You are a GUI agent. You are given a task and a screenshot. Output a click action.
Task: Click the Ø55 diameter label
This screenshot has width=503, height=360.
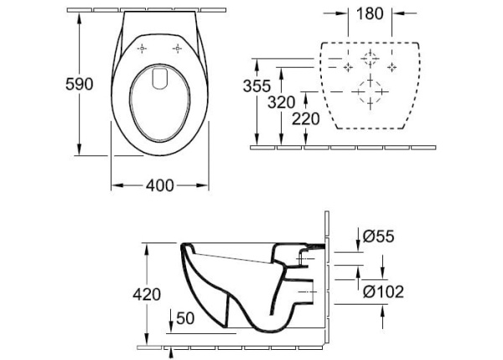pos(378,237)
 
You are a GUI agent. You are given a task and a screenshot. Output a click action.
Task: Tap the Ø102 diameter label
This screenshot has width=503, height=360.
pos(385,292)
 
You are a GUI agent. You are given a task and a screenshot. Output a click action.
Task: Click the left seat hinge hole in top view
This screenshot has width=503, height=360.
pos(143,48)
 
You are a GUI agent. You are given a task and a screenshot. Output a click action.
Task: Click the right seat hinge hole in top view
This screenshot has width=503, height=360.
pos(178,48)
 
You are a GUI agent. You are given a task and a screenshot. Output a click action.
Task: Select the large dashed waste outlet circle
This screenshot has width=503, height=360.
pos(370,91)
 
